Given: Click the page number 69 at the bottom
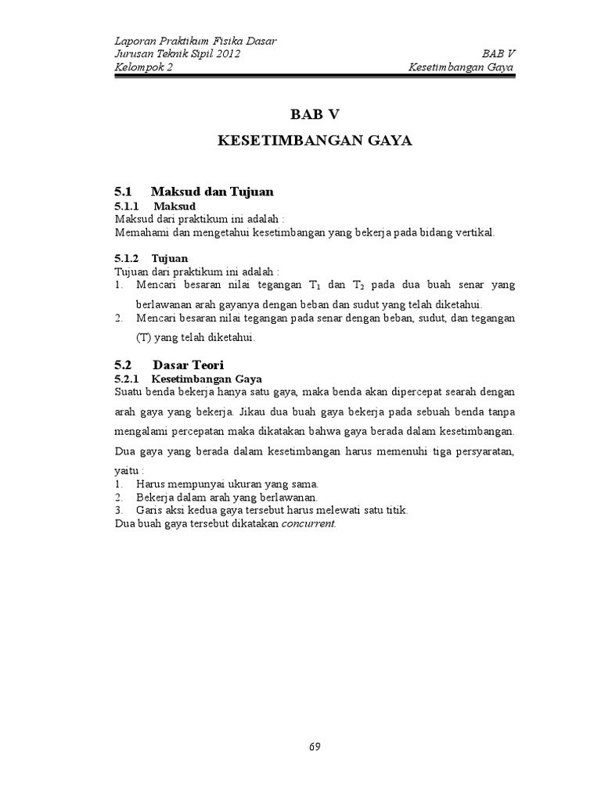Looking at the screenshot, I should (x=315, y=745).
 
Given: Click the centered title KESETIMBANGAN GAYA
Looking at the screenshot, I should (x=315, y=141).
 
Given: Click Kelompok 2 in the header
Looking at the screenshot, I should (x=144, y=67).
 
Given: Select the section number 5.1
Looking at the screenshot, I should (x=124, y=191).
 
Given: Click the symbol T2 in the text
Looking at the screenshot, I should (x=352, y=285).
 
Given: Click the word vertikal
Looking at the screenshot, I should (x=473, y=233).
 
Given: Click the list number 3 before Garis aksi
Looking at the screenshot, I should (x=118, y=510).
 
